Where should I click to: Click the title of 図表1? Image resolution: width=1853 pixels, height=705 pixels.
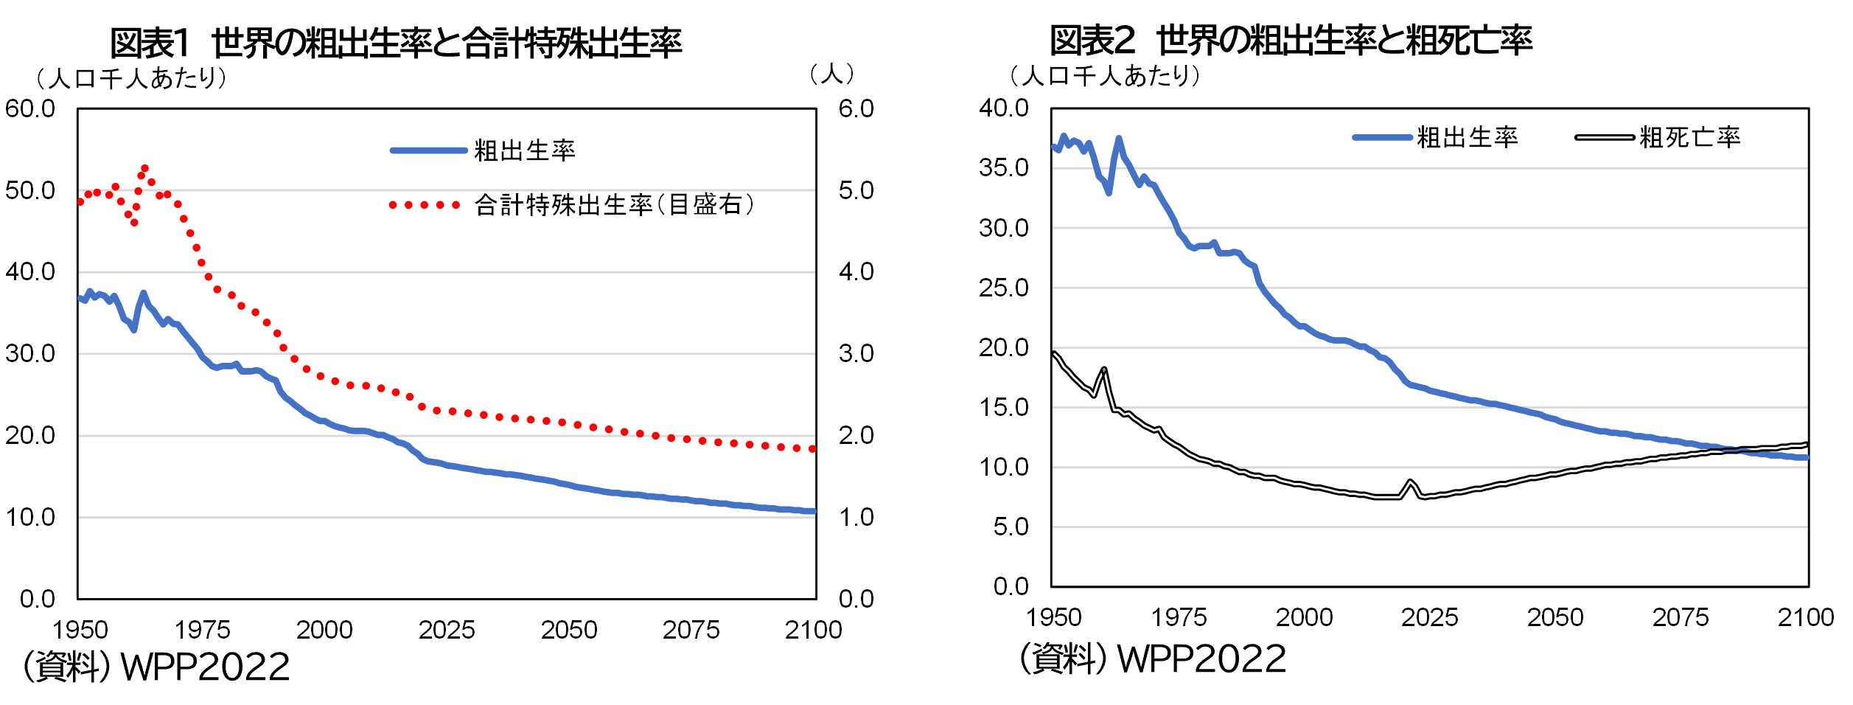(396, 43)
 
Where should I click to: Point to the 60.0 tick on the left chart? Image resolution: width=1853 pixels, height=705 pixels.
(30, 109)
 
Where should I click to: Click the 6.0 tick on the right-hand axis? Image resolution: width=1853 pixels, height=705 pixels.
(856, 109)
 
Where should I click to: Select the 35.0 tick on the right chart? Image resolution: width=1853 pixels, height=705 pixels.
(1003, 168)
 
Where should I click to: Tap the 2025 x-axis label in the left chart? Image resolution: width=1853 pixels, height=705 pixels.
(447, 630)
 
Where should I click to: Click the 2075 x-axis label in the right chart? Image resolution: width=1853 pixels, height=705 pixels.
(1680, 617)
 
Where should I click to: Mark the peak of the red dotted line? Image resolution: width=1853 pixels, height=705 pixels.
(144, 169)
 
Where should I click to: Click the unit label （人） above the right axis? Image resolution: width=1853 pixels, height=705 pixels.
(831, 74)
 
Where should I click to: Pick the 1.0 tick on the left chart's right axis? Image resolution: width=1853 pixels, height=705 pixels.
(856, 517)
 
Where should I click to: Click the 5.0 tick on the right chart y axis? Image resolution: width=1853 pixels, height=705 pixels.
(1011, 527)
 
